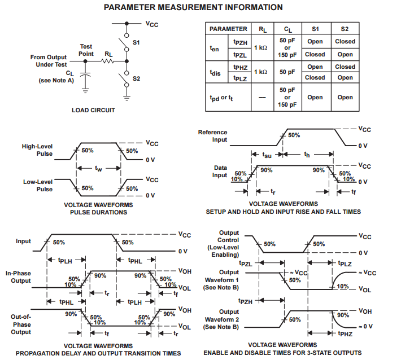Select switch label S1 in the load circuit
point(136,42)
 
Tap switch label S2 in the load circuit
point(136,78)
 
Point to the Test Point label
point(86,50)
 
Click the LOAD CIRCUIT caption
point(93,110)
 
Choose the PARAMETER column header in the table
point(228,29)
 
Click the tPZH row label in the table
point(240,41)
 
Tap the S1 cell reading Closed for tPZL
point(315,55)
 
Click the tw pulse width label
point(99,168)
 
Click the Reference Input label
point(212,136)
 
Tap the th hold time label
point(307,155)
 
